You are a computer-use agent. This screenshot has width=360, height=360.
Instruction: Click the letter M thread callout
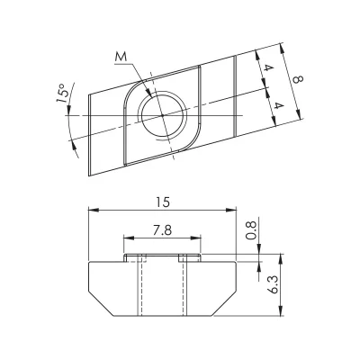pyautogui.click(x=121, y=58)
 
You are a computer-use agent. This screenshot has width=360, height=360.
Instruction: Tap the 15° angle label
pyautogui.click(x=62, y=94)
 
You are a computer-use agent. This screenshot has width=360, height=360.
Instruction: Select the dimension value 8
pyautogui.click(x=298, y=79)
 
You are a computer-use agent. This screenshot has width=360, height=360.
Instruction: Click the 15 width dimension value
pyautogui.click(x=163, y=202)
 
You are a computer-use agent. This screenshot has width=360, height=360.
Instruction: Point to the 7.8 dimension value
pyautogui.click(x=162, y=230)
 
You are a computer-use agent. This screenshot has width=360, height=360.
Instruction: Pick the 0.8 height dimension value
pyautogui.click(x=251, y=229)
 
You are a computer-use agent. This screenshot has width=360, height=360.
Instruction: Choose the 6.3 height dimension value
pyautogui.click(x=274, y=285)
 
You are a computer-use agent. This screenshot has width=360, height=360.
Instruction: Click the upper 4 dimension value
pyautogui.click(x=269, y=68)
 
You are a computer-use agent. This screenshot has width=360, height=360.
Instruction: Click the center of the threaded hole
pyautogui.click(x=162, y=115)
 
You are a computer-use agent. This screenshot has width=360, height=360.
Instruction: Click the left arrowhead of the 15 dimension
pyautogui.click(x=94, y=209)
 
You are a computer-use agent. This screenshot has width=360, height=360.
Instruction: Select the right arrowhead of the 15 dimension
pyautogui.click(x=231, y=209)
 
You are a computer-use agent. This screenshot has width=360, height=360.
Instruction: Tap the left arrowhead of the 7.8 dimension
pyautogui.click(x=129, y=238)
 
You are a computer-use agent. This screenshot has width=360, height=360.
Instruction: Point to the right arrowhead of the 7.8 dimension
pyautogui.click(x=196, y=238)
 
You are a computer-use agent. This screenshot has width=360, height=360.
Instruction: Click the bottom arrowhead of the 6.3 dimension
pyautogui.click(x=281, y=310)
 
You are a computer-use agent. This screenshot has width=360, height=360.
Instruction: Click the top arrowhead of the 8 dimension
pyautogui.click(x=282, y=49)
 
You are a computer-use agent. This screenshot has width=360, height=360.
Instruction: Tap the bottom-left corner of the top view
pyautogui.click(x=89, y=175)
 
